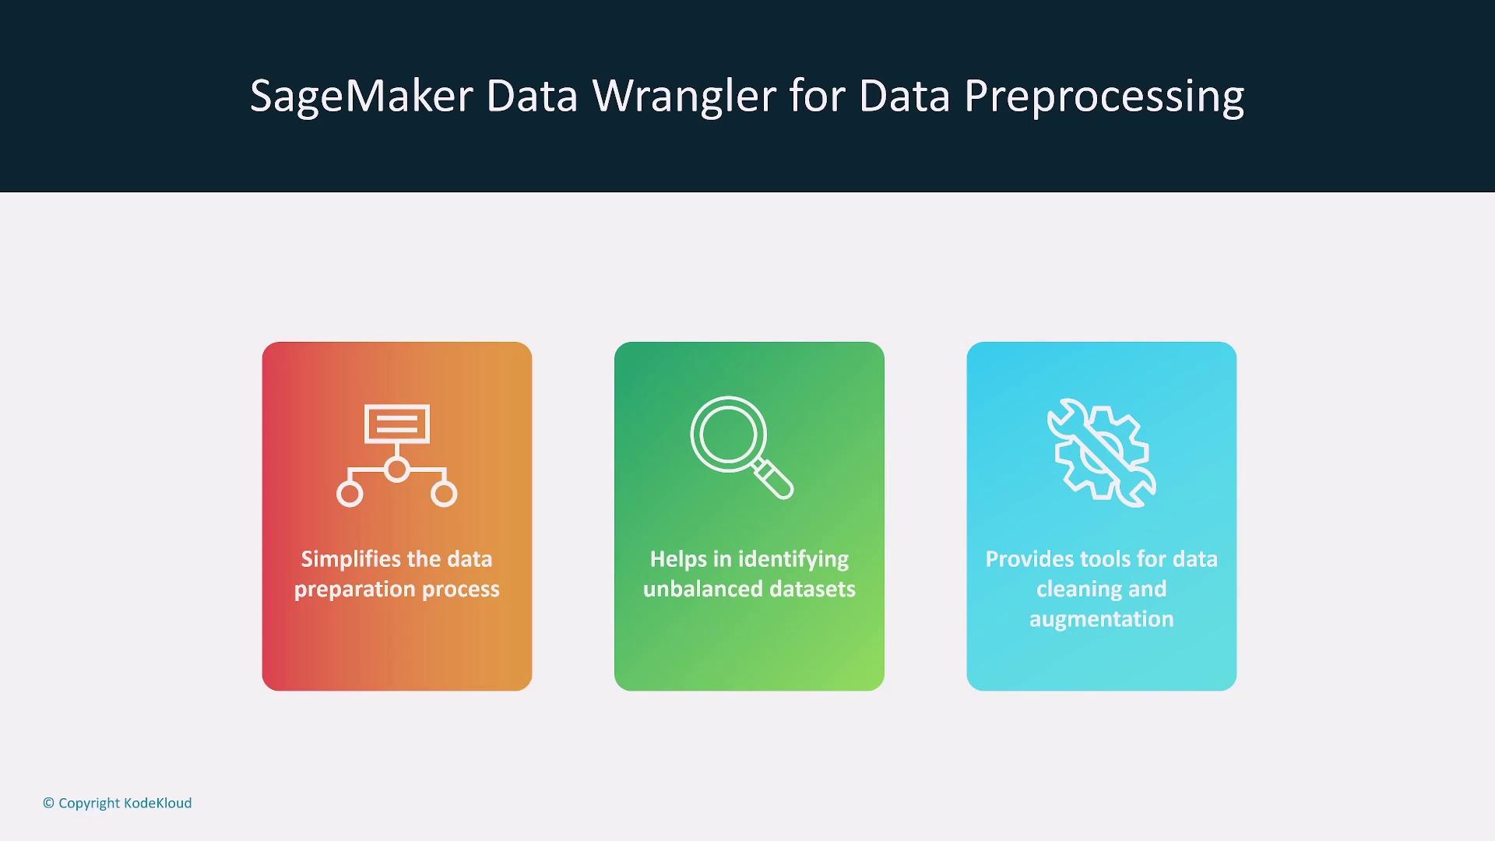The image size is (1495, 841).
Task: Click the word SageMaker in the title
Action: coord(361,97)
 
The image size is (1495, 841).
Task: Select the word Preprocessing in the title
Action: coord(1104,97)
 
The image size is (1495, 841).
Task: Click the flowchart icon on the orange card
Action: coord(397,456)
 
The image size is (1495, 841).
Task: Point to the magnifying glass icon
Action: coord(741,447)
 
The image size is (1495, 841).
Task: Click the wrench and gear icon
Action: coord(1102,452)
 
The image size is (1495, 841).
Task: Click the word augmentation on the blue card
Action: coord(1101,619)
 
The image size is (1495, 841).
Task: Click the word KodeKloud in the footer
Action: coord(157,803)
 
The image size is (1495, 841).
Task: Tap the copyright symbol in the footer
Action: coord(48,803)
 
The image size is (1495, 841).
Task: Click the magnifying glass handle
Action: coord(773,478)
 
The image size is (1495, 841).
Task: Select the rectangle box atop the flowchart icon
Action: coord(397,424)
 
